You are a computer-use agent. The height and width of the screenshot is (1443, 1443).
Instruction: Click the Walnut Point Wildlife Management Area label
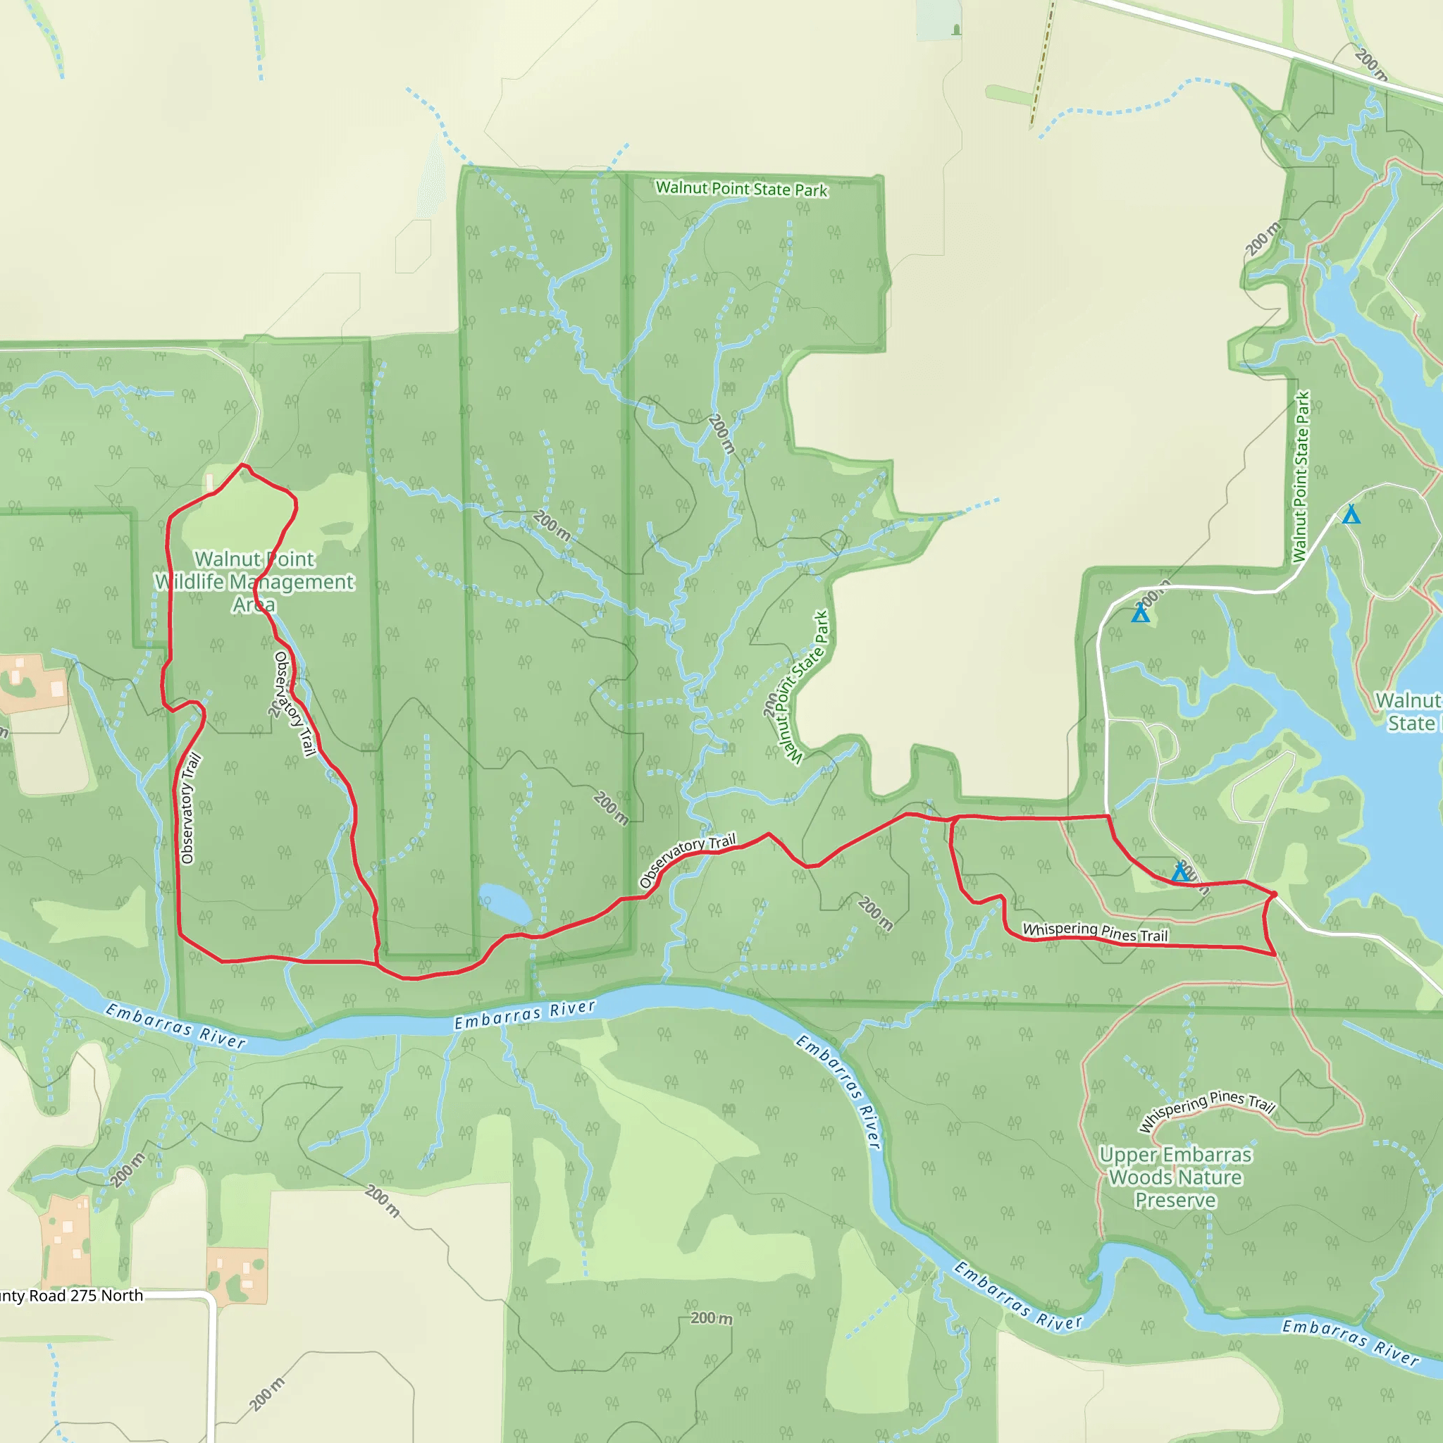(x=254, y=581)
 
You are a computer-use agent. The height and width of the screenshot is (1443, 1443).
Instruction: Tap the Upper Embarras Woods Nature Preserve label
(x=1175, y=1177)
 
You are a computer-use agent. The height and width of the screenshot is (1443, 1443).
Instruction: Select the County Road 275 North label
(x=72, y=1296)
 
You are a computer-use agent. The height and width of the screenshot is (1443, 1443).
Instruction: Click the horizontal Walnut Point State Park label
(x=741, y=188)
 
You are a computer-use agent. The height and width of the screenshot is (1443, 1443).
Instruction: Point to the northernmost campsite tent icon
(x=1351, y=514)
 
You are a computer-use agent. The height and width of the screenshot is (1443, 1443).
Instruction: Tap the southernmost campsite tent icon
(x=1179, y=872)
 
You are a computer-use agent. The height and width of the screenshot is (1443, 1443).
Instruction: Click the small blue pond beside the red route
(x=505, y=903)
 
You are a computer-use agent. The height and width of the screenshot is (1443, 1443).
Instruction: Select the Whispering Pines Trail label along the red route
(x=1094, y=931)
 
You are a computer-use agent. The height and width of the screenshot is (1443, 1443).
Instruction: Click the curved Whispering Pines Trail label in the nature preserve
(x=1207, y=1110)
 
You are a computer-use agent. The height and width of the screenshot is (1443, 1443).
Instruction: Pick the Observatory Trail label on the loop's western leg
(x=191, y=809)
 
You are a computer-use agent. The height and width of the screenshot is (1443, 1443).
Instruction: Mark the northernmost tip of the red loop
(x=241, y=465)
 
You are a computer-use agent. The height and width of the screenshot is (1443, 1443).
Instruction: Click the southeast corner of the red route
(x=1273, y=954)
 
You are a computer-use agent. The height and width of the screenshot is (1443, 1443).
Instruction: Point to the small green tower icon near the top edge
(x=957, y=29)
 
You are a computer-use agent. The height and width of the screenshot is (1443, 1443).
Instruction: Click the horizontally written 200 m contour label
(x=711, y=1318)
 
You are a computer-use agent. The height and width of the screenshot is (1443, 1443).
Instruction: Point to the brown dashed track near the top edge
(x=1042, y=63)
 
